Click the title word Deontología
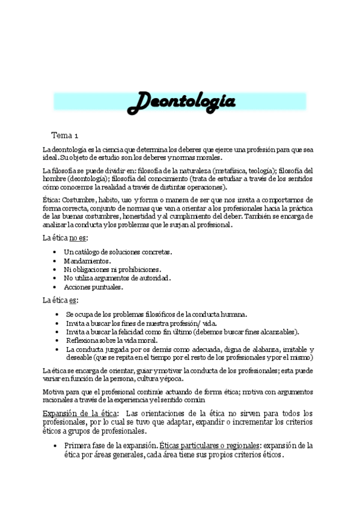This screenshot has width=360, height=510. tap(182, 102)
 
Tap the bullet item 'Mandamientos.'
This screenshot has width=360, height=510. tap(87, 261)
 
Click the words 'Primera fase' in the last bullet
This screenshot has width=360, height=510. tap(87, 446)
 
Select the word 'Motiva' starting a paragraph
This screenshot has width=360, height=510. tap(52, 392)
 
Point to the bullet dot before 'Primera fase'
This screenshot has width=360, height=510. tap(56, 446)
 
